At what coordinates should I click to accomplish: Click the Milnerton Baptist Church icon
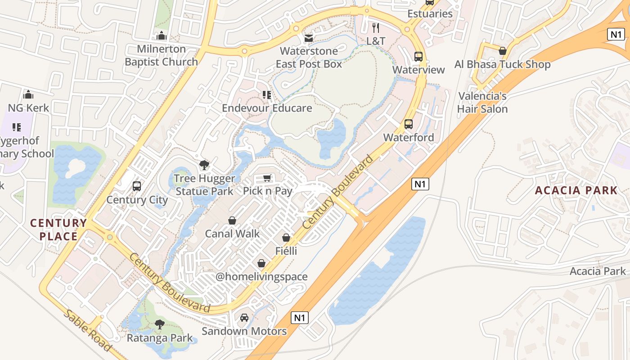[162, 36]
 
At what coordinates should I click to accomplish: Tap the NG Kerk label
[28, 108]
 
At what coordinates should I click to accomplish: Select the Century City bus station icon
[137, 186]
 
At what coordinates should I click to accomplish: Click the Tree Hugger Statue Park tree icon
[204, 165]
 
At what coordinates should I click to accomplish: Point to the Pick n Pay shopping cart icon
[267, 178]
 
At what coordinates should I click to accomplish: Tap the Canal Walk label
[232, 234]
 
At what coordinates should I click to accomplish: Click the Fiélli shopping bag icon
[286, 237]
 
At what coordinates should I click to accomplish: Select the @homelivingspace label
[261, 277]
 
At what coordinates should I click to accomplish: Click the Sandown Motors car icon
[244, 318]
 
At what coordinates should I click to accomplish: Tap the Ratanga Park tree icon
[159, 324]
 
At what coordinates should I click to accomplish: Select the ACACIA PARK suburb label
[576, 190]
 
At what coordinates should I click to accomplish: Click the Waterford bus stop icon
[409, 124]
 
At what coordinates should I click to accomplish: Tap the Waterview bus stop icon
[418, 57]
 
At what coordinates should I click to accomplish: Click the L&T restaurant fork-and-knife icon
[376, 28]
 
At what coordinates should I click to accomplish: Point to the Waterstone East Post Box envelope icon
[309, 38]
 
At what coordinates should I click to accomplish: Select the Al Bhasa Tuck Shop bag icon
[503, 51]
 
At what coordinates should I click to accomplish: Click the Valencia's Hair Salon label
[482, 103]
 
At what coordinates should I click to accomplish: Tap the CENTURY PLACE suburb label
[58, 229]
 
